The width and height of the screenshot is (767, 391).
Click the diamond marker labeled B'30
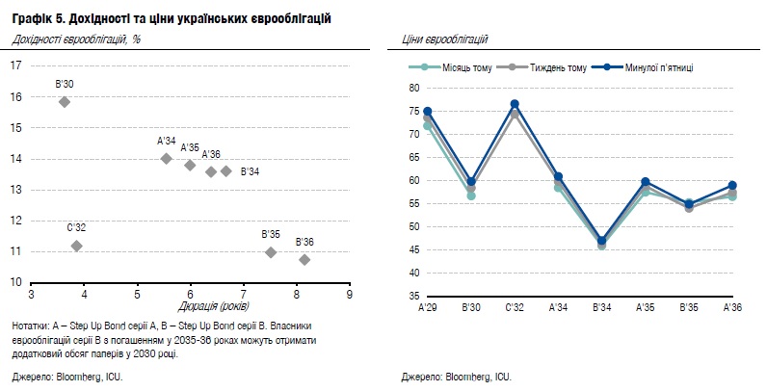[65, 101]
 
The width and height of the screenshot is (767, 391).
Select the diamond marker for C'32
[76, 246]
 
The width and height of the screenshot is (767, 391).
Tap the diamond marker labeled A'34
[166, 158]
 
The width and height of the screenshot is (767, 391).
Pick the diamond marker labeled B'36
[304, 259]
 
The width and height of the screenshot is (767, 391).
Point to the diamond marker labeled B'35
[271, 252]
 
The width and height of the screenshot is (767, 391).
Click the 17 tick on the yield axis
[15, 65]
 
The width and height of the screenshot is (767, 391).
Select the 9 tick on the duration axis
[348, 295]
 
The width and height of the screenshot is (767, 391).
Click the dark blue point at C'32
[516, 104]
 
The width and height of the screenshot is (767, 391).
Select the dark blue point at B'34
[602, 241]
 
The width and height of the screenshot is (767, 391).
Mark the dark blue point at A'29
[428, 112]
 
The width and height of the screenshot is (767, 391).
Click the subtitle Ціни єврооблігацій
[442, 39]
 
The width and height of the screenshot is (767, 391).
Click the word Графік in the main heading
[33, 19]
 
